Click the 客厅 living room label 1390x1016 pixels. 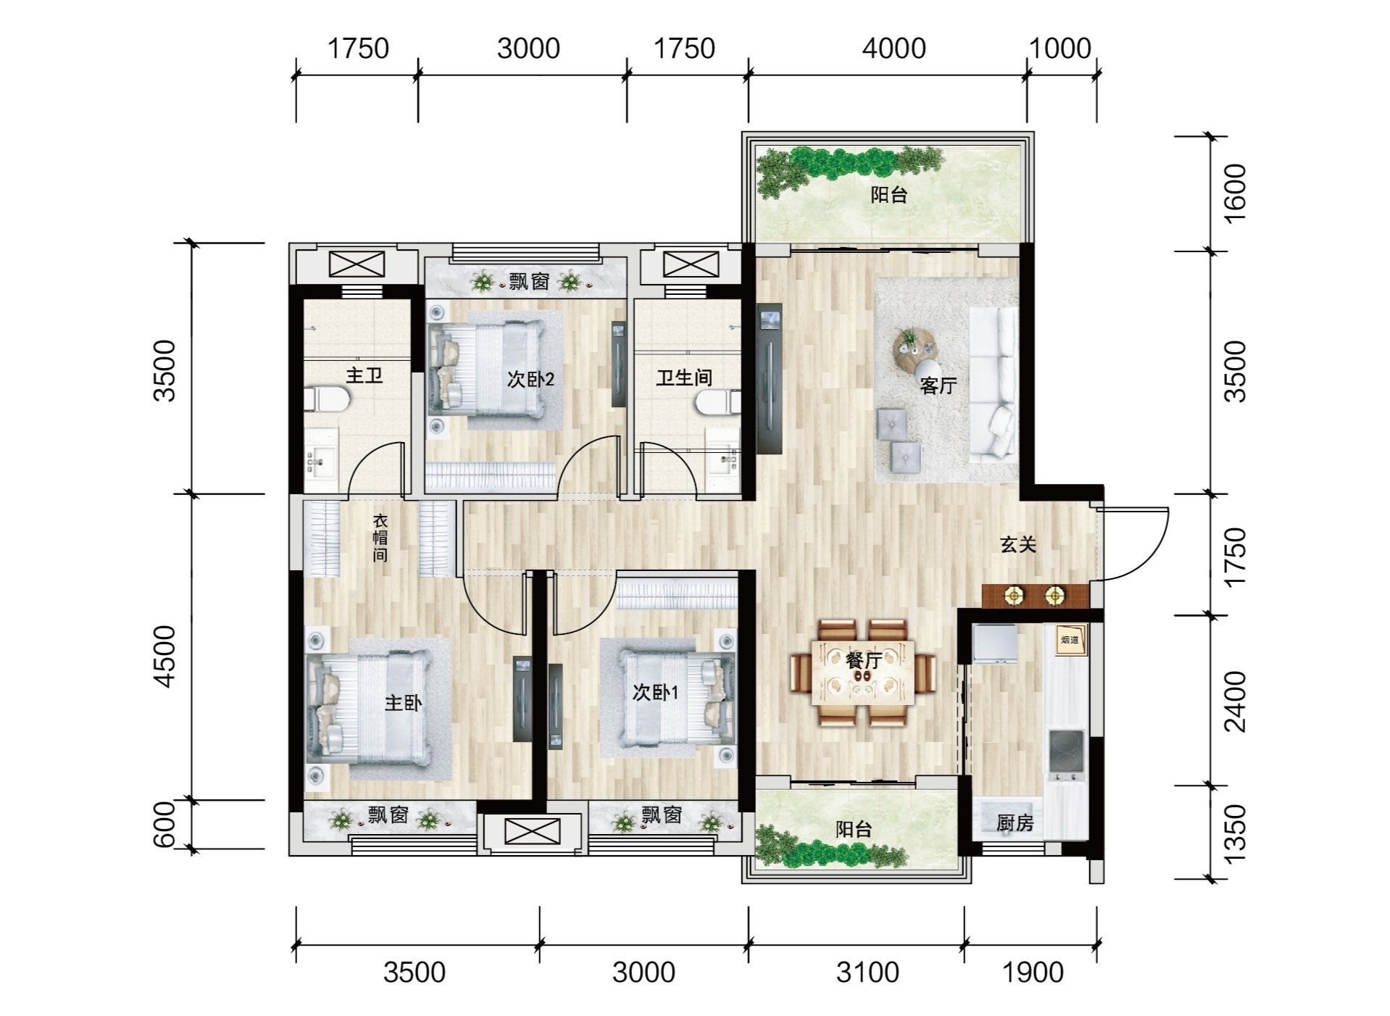point(938,386)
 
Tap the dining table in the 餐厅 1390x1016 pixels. point(862,671)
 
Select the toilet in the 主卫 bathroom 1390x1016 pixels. point(326,399)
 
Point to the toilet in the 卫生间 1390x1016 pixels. point(717,402)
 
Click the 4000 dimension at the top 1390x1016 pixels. point(894,49)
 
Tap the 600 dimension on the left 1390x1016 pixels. point(165,825)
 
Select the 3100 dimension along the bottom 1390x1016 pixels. point(867,972)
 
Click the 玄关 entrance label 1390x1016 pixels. point(1018,544)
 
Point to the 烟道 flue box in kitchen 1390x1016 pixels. point(1070,640)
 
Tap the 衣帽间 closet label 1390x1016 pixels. point(380,538)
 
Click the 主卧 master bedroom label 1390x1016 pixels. point(403,702)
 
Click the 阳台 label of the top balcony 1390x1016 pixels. point(889,194)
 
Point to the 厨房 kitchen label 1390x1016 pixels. point(1015,823)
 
